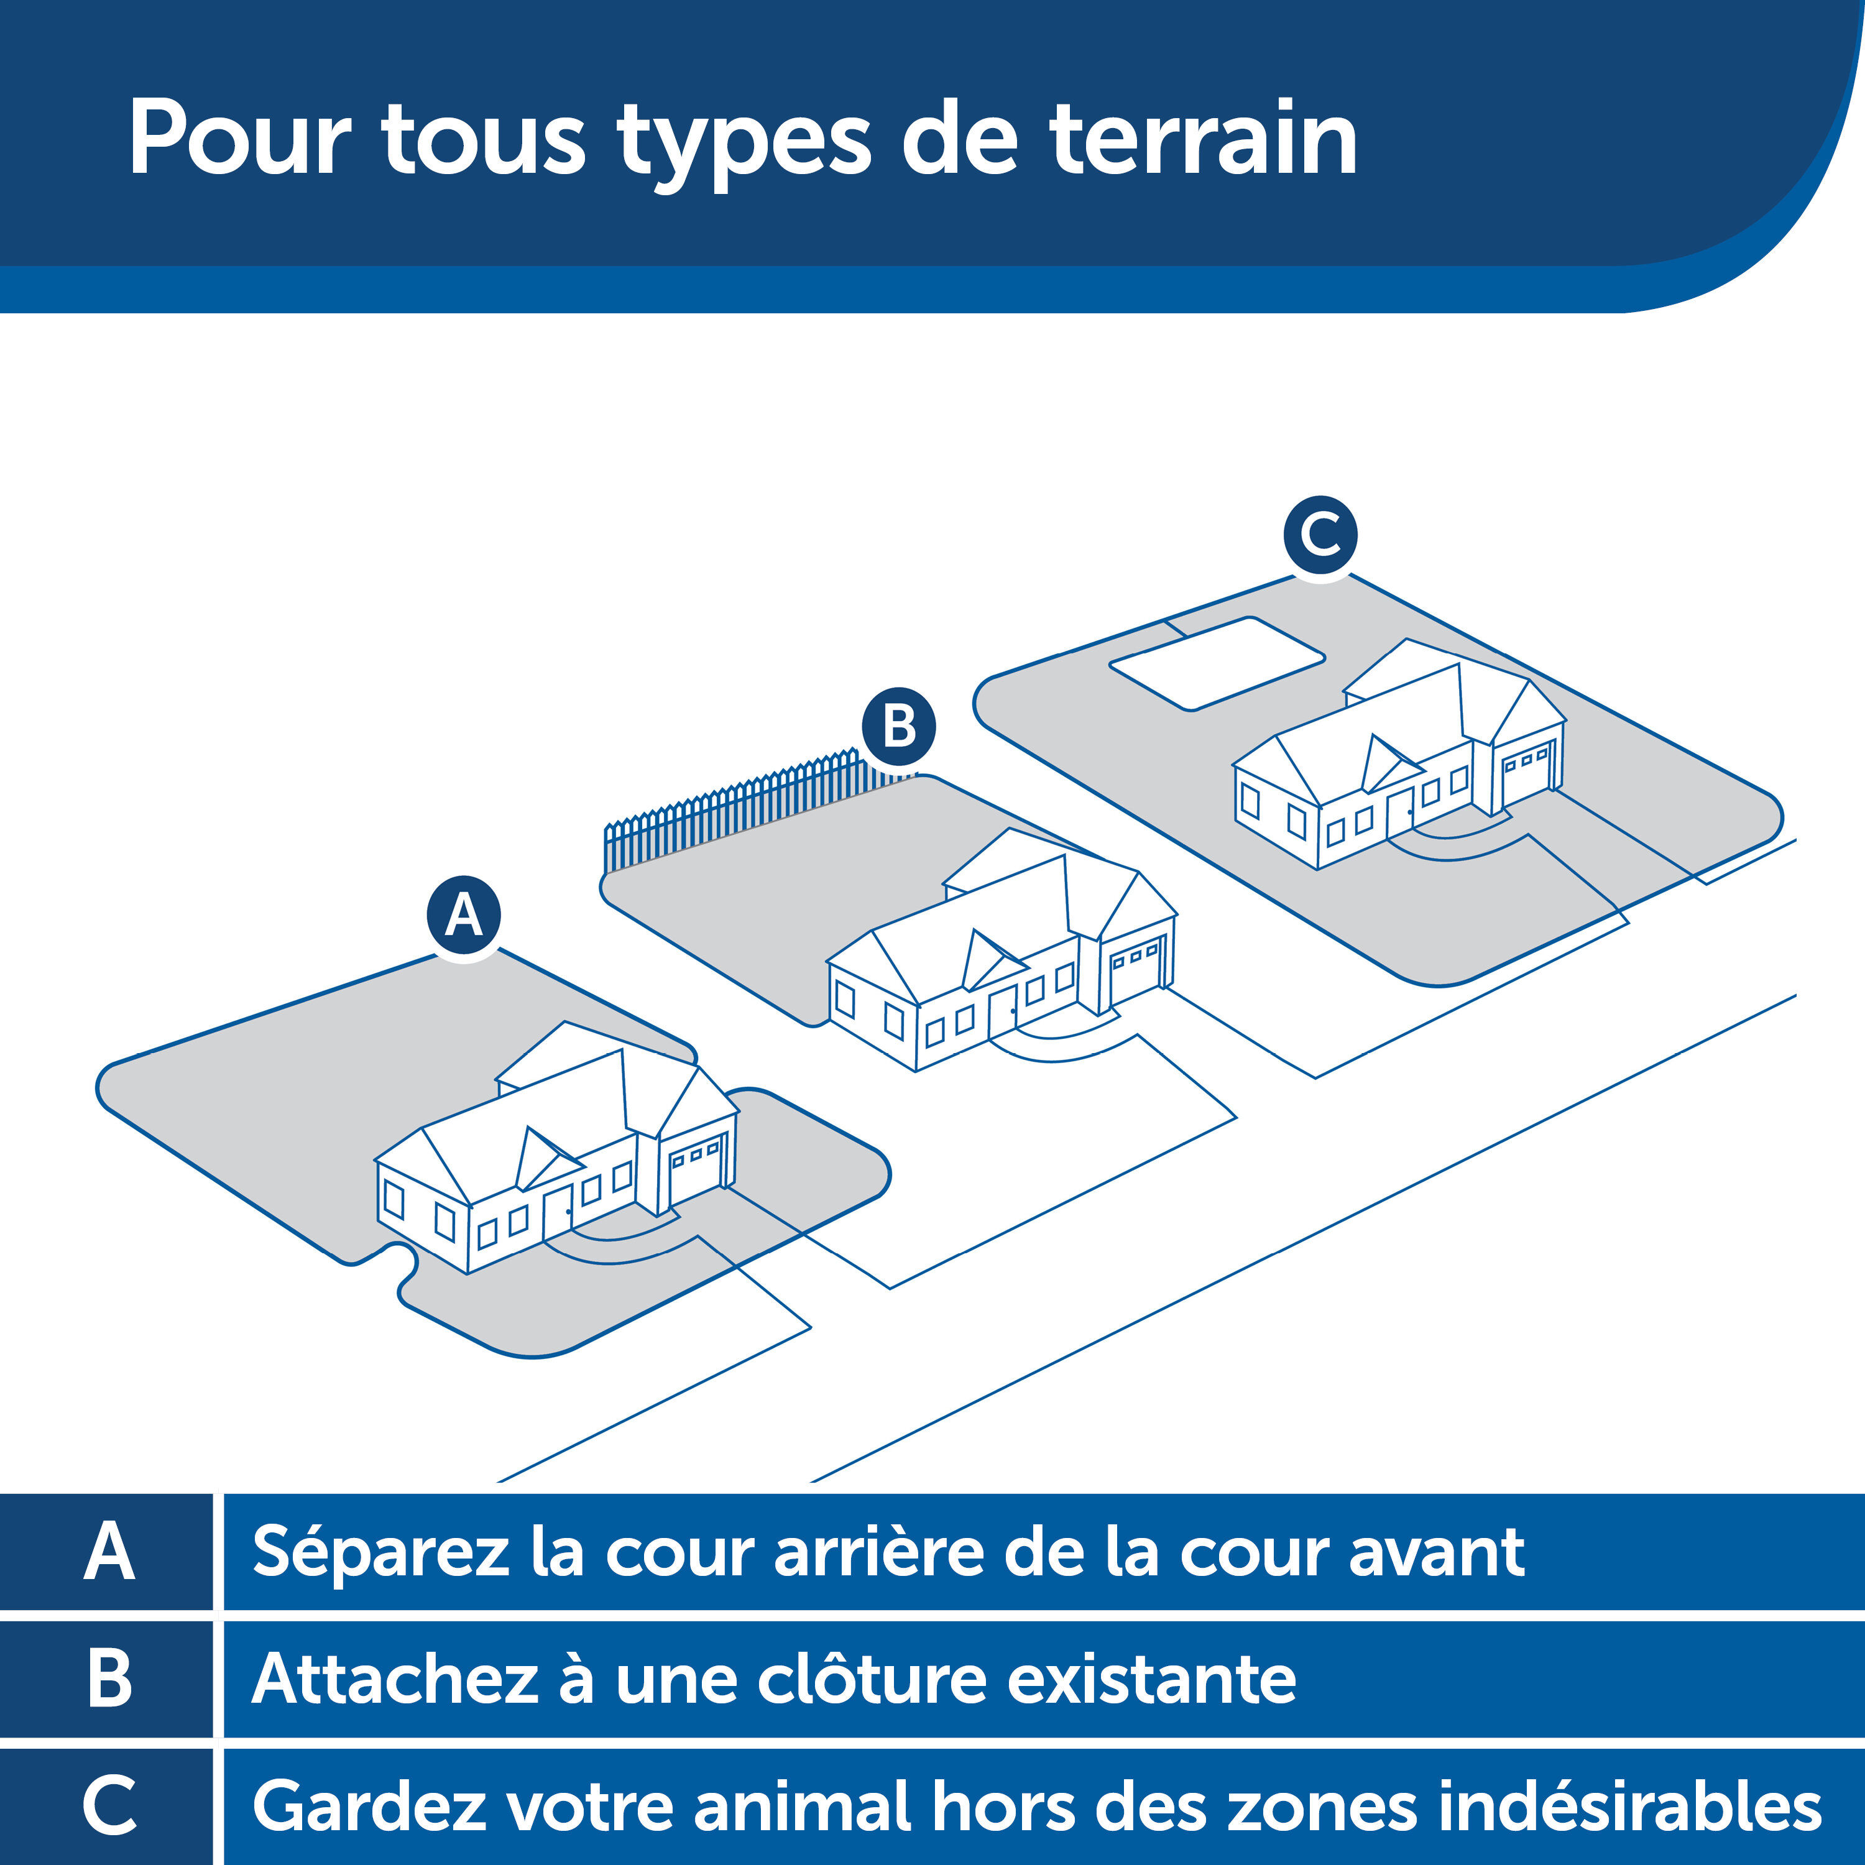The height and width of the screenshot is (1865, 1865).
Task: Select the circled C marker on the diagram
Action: coord(1320,534)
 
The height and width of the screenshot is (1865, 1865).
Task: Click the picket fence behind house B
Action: coord(734,811)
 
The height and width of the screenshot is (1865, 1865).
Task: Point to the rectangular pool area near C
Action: coord(1217,664)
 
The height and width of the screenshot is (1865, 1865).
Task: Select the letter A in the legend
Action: coord(108,1552)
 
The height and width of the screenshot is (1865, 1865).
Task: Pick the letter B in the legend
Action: coord(108,1680)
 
